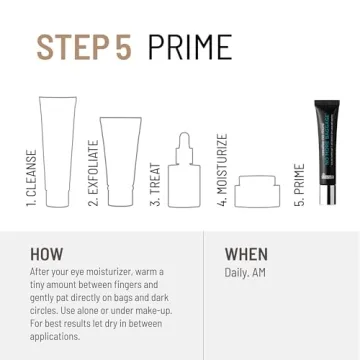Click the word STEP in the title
tap(72, 46)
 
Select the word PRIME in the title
tap(189, 46)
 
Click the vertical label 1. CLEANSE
tap(31, 178)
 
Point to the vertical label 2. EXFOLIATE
tap(93, 172)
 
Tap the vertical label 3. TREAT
tap(156, 184)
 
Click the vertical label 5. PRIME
tap(298, 185)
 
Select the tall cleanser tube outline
tap(56, 151)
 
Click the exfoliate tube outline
tap(121, 160)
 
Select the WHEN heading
tap(246, 254)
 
